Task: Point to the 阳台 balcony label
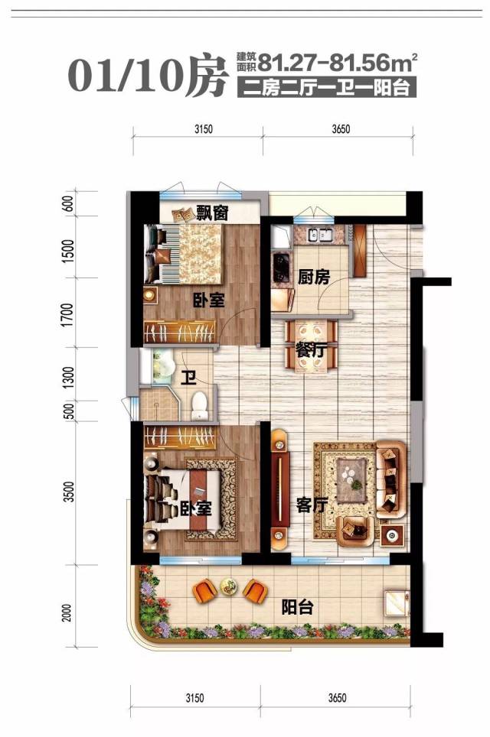297,609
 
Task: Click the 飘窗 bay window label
212,213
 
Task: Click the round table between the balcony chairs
228,587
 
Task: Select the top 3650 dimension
341,129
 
